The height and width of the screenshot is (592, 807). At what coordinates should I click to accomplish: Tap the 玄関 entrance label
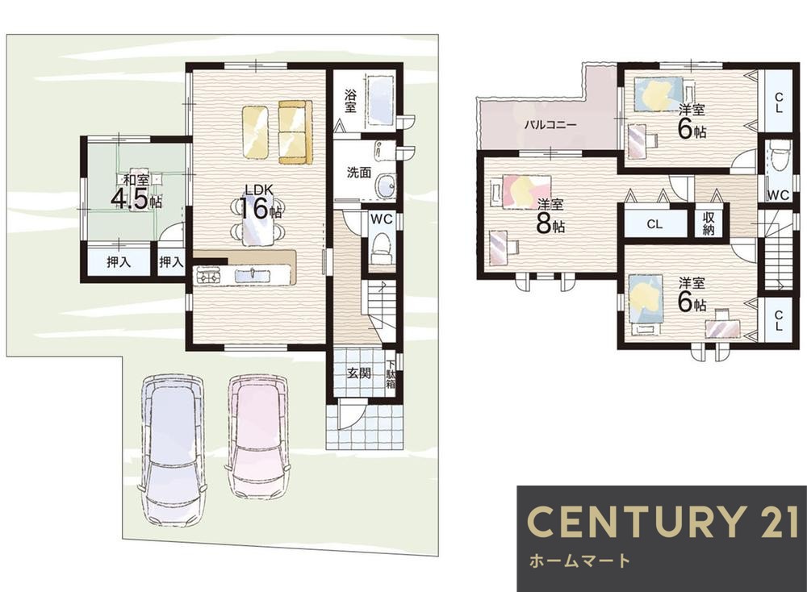click(x=359, y=373)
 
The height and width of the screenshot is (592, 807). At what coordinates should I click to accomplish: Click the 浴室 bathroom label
click(x=350, y=101)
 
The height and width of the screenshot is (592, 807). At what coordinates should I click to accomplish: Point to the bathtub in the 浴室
click(x=380, y=100)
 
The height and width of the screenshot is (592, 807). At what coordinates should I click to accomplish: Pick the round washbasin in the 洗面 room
click(x=384, y=186)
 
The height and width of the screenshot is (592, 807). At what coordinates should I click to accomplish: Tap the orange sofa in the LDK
click(x=295, y=132)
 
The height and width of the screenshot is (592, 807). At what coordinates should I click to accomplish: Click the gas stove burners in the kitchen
click(x=207, y=275)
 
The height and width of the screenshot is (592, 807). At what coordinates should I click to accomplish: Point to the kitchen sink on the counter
click(x=252, y=276)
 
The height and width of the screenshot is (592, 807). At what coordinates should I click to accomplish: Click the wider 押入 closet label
click(x=119, y=262)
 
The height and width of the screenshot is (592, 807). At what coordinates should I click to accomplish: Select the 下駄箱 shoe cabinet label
click(x=391, y=373)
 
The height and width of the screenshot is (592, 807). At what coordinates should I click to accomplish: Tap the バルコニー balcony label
click(x=550, y=125)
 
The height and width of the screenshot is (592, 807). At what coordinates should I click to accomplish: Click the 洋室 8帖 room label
click(x=550, y=216)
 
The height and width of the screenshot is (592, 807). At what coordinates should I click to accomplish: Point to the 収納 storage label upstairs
click(x=709, y=223)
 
